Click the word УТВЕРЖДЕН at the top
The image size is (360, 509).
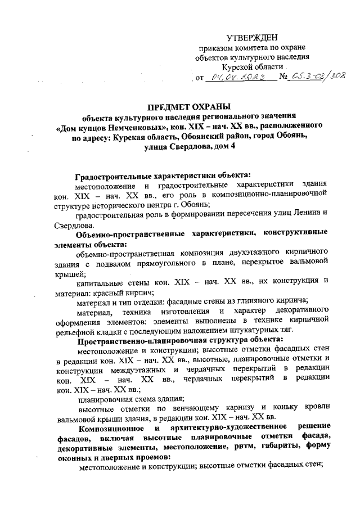click(x=252, y=38)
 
